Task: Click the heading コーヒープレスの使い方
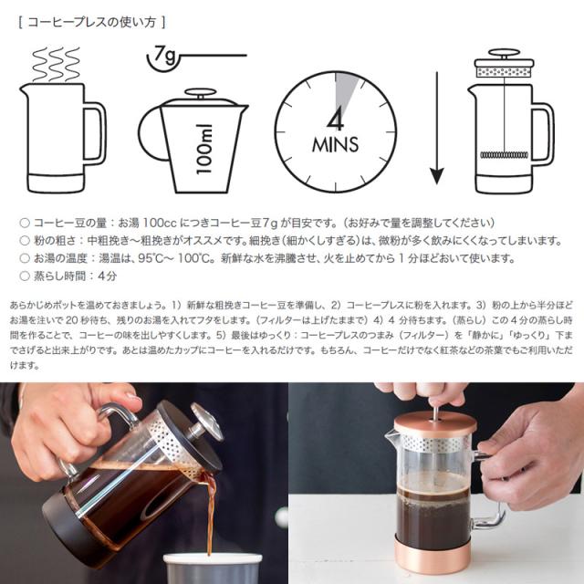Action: tap(91, 23)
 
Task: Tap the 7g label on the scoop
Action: tap(164, 55)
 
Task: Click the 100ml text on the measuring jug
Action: tap(204, 149)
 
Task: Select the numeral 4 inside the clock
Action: tap(336, 120)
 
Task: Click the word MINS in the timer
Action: tap(336, 144)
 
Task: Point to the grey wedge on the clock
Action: tap(345, 91)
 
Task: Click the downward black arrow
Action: tap(437, 129)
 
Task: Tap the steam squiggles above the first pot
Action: tap(57, 64)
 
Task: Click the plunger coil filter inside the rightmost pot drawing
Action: tap(504, 154)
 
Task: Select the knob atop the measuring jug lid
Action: tap(201, 93)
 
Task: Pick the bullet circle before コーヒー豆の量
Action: tap(25, 223)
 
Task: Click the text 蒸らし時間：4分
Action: tap(75, 276)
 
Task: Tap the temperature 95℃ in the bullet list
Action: tap(151, 258)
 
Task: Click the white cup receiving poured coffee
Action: tap(213, 568)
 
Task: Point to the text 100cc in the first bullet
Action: tap(160, 223)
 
